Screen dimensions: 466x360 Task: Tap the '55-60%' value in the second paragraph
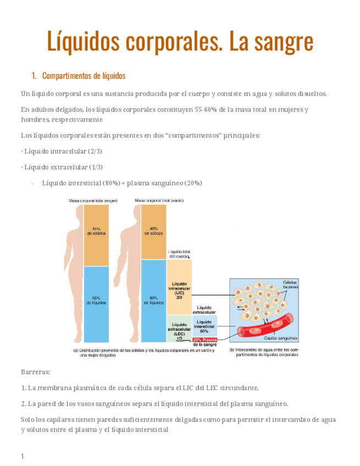point(205,109)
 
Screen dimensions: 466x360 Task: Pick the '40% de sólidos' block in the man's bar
point(153,231)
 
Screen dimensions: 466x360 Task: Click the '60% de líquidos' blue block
point(153,300)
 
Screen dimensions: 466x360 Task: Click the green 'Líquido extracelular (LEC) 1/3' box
point(179,329)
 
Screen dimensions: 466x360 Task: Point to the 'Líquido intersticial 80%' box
point(204,326)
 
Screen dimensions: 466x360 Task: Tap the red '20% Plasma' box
point(204,340)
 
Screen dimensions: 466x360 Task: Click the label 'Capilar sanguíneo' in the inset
point(280,339)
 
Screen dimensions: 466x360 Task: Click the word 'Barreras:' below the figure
point(35,372)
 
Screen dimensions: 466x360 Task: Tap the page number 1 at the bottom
point(23,456)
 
